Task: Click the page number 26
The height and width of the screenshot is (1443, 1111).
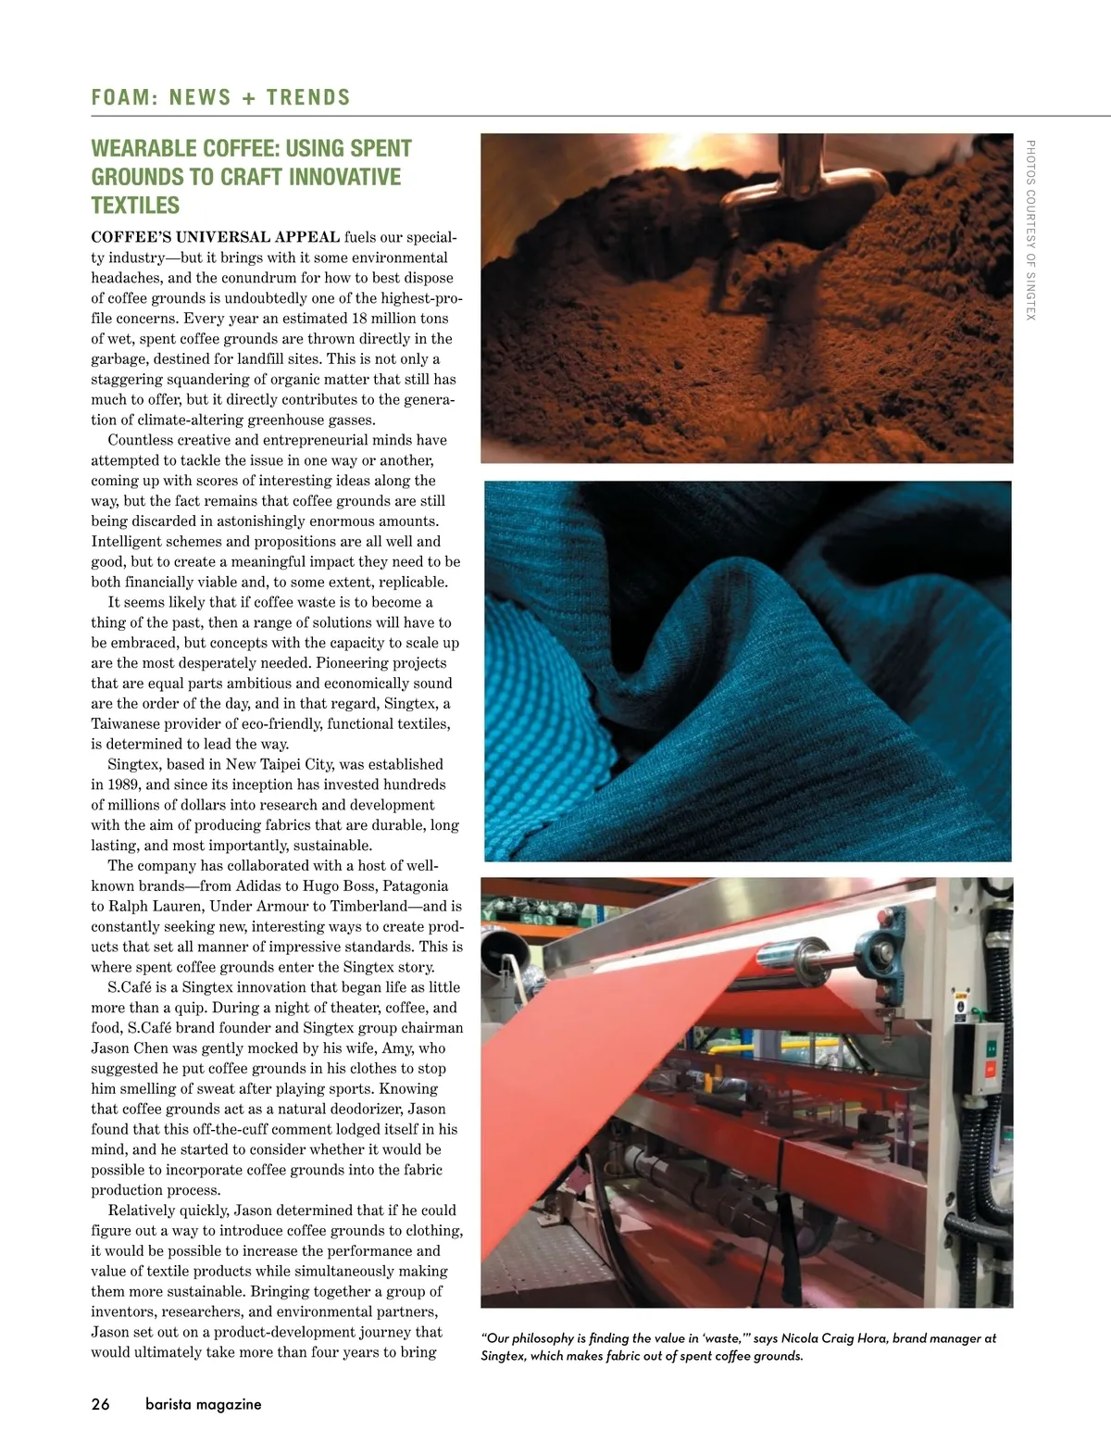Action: click(x=100, y=1404)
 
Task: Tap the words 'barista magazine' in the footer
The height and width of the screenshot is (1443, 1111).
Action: click(x=204, y=1404)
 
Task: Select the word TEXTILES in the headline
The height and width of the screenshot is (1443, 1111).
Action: click(x=135, y=206)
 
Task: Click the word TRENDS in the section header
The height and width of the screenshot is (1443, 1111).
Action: click(x=308, y=97)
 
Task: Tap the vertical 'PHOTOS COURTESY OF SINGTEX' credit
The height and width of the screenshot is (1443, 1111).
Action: click(x=1030, y=230)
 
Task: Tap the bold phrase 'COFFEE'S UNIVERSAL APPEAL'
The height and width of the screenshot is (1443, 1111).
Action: click(x=215, y=237)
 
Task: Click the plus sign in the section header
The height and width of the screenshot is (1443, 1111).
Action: click(x=248, y=97)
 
